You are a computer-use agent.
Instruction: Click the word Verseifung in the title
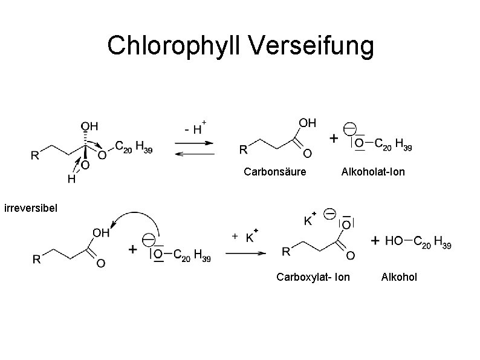pyautogui.click(x=320, y=45)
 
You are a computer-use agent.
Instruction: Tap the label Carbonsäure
pyautogui.click(x=274, y=172)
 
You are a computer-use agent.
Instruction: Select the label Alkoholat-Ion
pyautogui.click(x=373, y=172)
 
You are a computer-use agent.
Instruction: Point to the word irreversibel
pyautogui.click(x=30, y=209)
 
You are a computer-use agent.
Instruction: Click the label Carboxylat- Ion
pyautogui.click(x=313, y=278)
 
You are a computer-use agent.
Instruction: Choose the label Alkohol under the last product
pyautogui.click(x=399, y=278)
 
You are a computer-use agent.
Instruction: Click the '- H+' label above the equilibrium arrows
pyautogui.click(x=195, y=128)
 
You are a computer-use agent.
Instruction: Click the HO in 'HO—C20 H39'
pyautogui.click(x=394, y=241)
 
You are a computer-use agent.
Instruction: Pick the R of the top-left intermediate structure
pyautogui.click(x=36, y=155)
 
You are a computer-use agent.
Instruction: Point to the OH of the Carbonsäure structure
pyautogui.click(x=308, y=123)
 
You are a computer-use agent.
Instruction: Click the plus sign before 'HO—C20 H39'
pyautogui.click(x=376, y=241)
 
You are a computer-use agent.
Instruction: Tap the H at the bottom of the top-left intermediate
pyautogui.click(x=71, y=179)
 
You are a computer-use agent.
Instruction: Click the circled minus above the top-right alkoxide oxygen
pyautogui.click(x=349, y=129)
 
